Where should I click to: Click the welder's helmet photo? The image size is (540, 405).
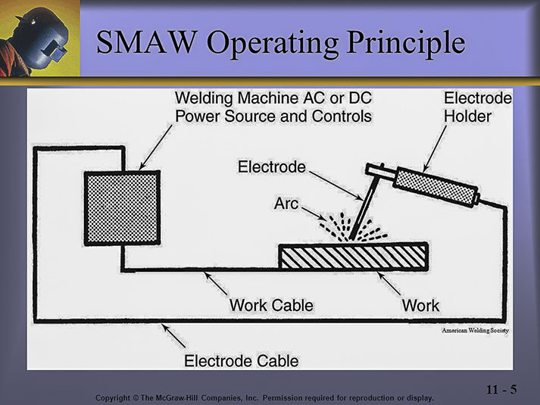pyautogui.click(x=38, y=38)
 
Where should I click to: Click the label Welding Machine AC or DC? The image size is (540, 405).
pyautogui.click(x=273, y=99)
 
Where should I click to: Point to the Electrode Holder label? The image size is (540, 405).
pyautogui.click(x=477, y=107)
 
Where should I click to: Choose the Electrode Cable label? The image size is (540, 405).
pyautogui.click(x=242, y=360)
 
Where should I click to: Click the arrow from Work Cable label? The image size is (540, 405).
pyautogui.click(x=215, y=285)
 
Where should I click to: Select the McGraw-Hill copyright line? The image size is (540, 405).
pyautogui.click(x=266, y=397)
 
